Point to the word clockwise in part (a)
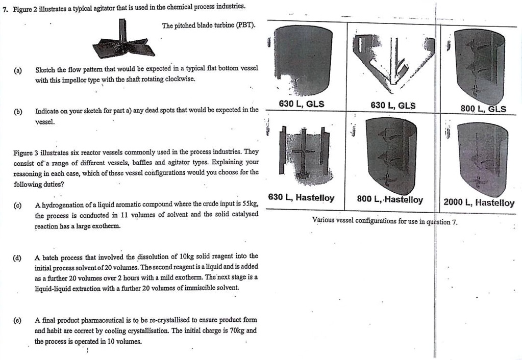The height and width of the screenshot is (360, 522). coord(180,80)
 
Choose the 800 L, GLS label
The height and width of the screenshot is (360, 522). coord(483,109)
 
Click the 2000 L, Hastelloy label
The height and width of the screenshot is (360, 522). coord(479,202)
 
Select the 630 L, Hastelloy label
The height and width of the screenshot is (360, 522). coord(302,198)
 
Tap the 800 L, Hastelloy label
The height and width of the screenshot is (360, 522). coord(390,200)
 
